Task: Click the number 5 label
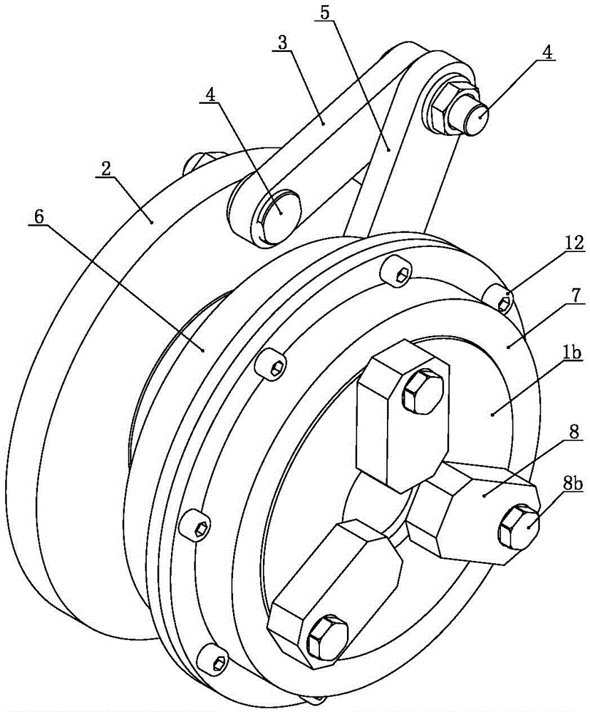324,13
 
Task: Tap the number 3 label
282,43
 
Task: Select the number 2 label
106,169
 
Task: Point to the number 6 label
39,217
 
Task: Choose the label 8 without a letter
574,432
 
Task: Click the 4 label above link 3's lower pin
210,95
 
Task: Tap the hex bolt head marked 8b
519,528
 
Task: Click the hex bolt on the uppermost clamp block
423,391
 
